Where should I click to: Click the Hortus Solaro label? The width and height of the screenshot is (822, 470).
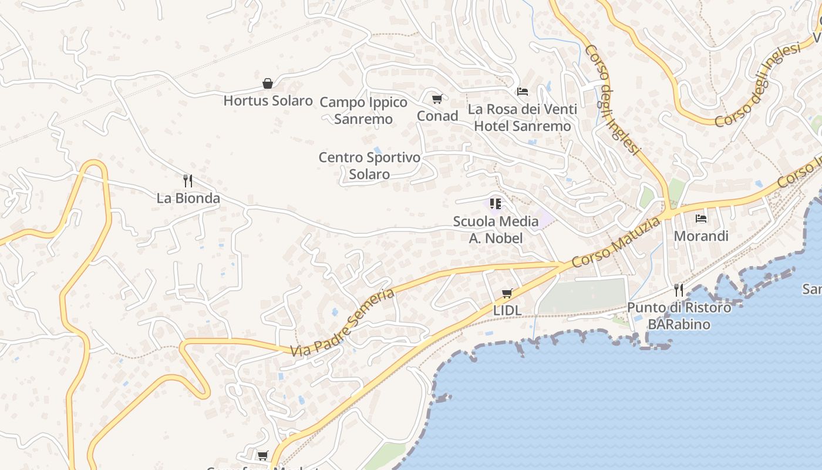268,100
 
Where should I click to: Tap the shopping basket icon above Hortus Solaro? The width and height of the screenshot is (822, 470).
268,83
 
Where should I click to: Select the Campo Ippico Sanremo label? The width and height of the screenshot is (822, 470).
363,110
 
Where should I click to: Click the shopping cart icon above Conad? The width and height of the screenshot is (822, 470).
437,99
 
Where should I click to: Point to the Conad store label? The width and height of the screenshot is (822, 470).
437,116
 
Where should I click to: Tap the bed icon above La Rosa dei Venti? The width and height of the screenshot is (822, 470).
523,92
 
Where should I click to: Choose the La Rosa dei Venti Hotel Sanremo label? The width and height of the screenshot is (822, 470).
522,117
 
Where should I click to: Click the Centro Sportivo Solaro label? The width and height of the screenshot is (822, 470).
370,166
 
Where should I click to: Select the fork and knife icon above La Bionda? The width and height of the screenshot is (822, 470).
188,180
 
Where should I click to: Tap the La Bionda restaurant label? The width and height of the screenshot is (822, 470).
188,198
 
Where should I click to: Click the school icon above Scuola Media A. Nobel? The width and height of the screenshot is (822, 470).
496,204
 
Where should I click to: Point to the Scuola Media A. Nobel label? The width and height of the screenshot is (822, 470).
496,230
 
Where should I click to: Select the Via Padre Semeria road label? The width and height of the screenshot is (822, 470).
342,323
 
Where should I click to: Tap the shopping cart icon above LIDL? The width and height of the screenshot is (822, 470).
507,293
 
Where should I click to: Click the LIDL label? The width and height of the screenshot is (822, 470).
507,310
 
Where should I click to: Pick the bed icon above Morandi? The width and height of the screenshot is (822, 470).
701,219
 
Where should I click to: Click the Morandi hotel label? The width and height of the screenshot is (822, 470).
701,236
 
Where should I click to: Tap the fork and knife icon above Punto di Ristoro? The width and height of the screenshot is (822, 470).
679,290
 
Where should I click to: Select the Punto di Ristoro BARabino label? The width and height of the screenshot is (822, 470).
679,315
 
